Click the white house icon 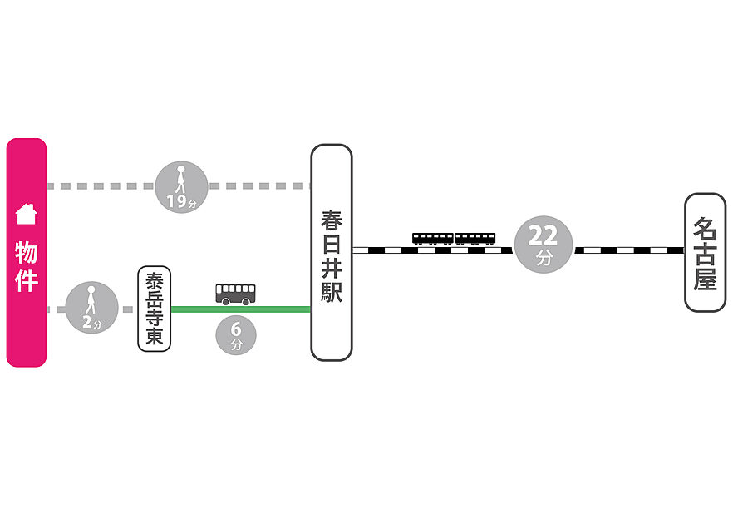27,215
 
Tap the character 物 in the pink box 27,253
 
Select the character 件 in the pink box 27,280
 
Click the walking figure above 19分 180,179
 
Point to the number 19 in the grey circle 177,201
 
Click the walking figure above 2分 91,300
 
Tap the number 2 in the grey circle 87,322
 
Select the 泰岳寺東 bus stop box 155,309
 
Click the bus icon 236,294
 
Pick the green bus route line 241,309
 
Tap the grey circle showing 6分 236,335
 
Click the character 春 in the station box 332,221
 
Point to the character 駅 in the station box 332,291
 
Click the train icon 454,239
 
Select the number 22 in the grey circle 544,235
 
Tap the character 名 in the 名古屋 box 705,228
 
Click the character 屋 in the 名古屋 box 705,279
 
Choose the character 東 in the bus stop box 155,336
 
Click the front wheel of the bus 226,302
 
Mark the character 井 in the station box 332,268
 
